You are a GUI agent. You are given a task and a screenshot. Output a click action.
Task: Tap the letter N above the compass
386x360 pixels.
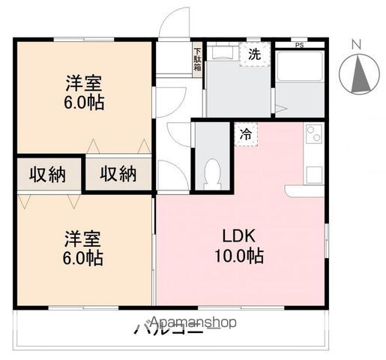pos(358,43)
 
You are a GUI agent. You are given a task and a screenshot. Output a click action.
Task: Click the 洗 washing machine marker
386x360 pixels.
pos(254,54)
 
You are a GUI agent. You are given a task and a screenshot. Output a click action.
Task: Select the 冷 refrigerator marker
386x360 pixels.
pos(246,134)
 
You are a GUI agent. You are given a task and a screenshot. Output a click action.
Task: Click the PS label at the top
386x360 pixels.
pos(300,45)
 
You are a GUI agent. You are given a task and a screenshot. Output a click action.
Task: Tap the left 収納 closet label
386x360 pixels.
pos(47,174)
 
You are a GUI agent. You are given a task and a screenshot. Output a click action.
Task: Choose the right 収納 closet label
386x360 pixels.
pos(118,174)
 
